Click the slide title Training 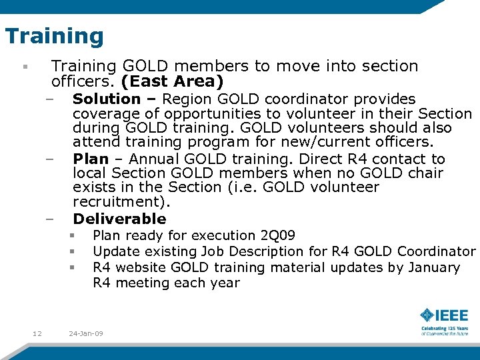(55, 36)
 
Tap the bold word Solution (107, 99)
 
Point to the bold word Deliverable (119, 219)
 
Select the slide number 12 (37, 333)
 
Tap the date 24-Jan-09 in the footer (86, 333)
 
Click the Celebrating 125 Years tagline (444, 329)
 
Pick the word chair (424, 173)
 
